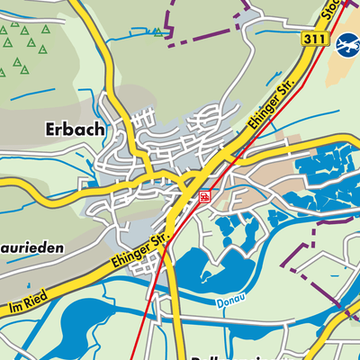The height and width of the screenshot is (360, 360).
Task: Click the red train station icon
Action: click(x=206, y=194)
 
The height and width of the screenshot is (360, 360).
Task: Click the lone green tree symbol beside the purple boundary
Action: click(x=159, y=31)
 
